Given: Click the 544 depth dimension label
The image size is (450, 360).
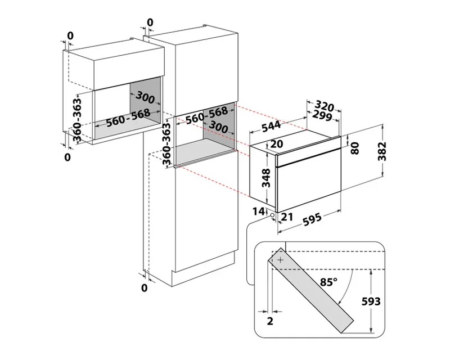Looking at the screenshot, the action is (271, 126).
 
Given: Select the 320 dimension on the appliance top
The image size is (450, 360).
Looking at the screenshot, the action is (325, 106).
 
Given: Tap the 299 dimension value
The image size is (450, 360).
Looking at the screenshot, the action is (322, 115).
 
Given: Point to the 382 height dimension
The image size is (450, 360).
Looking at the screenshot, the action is (382, 151).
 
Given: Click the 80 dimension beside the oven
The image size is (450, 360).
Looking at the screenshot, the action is (355, 148).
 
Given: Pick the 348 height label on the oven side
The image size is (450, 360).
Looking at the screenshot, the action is (266, 178).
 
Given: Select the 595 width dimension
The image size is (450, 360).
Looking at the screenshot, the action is (312, 219).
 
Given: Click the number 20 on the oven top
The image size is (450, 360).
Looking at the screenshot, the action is (277, 144).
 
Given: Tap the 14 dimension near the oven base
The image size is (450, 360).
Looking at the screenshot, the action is (258, 211).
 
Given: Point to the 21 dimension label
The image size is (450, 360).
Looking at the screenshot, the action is (287, 217).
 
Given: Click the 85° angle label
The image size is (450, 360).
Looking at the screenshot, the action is (328, 282).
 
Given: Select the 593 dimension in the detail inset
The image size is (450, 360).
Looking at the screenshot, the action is (371, 301).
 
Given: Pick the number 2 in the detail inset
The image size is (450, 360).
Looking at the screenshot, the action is (270, 321).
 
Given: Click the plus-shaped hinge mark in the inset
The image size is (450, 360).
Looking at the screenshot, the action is (281, 260).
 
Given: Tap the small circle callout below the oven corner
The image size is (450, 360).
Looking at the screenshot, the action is (272, 215).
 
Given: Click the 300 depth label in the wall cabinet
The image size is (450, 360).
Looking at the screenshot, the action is (145, 97).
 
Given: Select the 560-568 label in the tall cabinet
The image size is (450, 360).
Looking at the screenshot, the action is (206, 115).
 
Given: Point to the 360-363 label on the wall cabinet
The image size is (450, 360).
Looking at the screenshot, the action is (77, 120).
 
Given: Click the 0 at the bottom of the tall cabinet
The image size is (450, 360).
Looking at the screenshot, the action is (145, 287).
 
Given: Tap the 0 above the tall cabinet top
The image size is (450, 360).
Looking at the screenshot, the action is (150, 22).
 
